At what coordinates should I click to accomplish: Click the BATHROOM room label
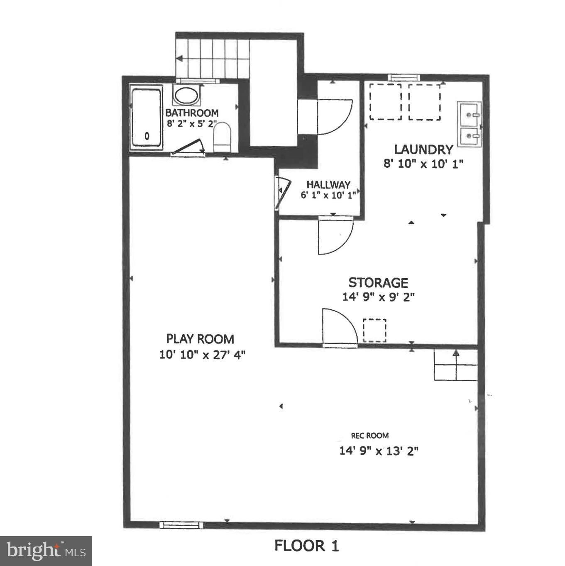192,113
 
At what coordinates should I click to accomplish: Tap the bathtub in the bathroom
146,118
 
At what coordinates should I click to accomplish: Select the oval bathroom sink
186,95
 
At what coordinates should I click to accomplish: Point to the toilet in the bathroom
222,137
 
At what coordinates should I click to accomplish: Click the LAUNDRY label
423,149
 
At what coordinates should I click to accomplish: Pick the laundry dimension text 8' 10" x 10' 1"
423,164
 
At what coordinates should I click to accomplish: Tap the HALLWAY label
328,184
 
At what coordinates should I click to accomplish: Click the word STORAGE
378,282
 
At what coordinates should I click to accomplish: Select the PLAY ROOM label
200,339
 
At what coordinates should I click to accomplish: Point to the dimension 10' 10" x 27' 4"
202,355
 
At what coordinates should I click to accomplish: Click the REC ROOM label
370,435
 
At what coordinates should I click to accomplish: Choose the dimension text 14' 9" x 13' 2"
379,450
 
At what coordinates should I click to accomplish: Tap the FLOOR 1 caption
307,546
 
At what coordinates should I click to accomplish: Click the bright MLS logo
46,551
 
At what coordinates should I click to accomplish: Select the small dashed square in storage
374,331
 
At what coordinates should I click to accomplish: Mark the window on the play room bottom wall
181,524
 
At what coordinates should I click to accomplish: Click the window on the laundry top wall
404,78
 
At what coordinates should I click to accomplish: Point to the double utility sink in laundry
469,123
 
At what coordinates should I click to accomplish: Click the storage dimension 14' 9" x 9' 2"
378,297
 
